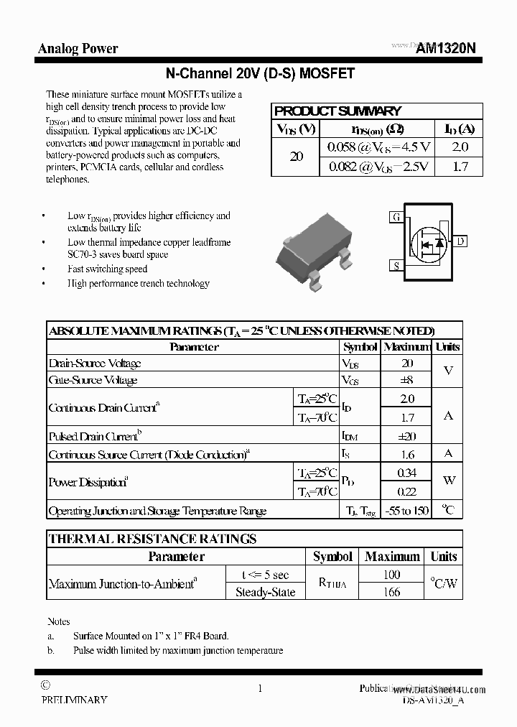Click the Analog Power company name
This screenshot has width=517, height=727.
(78, 49)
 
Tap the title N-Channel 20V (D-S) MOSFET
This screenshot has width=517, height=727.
(259, 73)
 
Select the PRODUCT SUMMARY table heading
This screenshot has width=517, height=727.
(337, 111)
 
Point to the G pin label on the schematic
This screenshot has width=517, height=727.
(396, 217)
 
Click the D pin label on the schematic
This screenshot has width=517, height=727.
(460, 241)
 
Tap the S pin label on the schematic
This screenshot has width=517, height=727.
(396, 266)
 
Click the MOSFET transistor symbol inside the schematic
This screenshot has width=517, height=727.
(429, 241)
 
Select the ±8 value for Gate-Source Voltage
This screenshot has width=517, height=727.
(406, 380)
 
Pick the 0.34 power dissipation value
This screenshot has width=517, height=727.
(406, 473)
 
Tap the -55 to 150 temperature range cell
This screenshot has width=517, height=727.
(406, 511)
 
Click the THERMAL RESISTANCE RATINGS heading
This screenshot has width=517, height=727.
(152, 539)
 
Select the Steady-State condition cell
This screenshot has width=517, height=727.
(265, 593)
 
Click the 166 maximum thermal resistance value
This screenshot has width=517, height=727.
(391, 593)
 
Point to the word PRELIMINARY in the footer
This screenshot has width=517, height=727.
(74, 700)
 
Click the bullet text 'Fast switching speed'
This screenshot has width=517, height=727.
(107, 269)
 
